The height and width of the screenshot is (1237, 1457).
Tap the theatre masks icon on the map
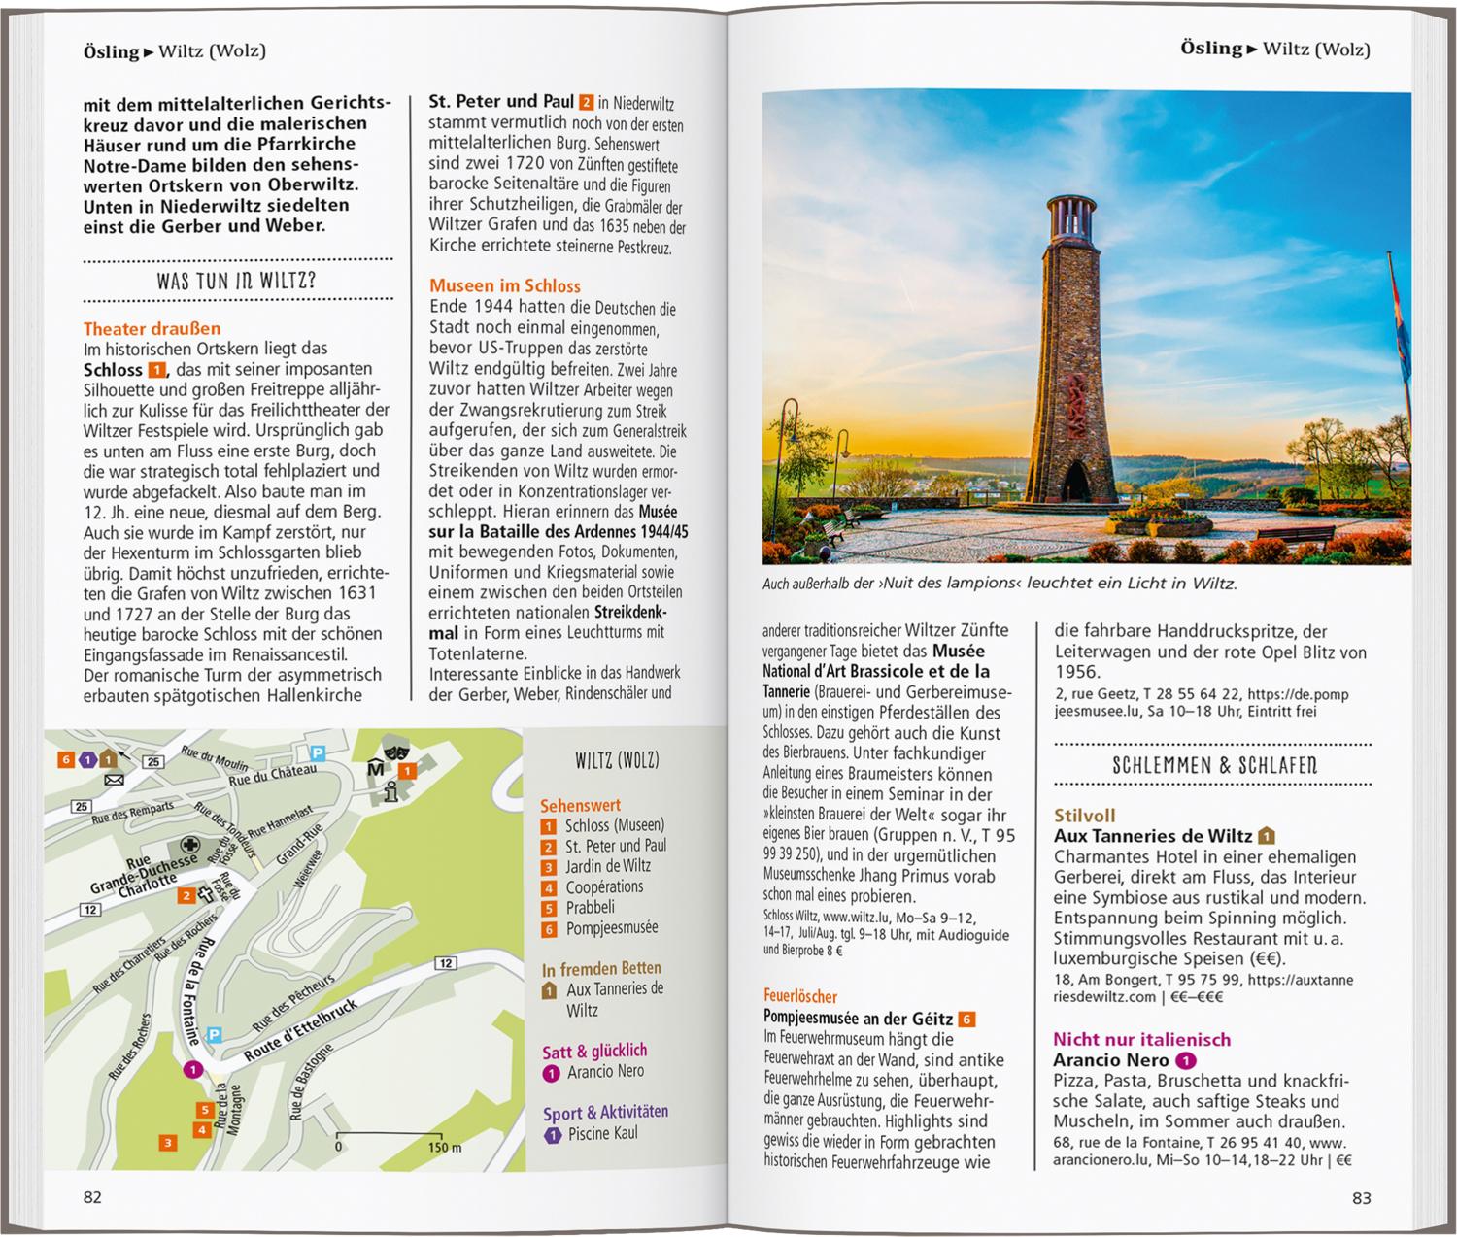(x=394, y=751)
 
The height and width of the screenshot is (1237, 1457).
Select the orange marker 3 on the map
(x=168, y=1143)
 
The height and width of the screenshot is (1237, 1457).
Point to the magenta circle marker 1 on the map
(x=192, y=1069)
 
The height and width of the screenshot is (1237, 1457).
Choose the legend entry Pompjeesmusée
(x=611, y=928)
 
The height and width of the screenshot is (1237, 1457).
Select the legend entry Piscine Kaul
(x=602, y=1133)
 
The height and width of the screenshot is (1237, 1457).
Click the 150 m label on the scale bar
(x=444, y=1147)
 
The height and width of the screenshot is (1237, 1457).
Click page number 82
(x=92, y=1197)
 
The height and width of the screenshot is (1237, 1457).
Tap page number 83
(x=1361, y=1198)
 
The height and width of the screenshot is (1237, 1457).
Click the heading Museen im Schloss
(x=504, y=285)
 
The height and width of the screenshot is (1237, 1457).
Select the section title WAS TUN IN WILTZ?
(x=236, y=283)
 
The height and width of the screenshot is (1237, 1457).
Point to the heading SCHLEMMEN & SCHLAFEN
(x=1214, y=765)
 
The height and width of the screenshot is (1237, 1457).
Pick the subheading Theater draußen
(x=152, y=328)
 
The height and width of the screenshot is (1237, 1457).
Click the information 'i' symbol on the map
(x=390, y=791)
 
